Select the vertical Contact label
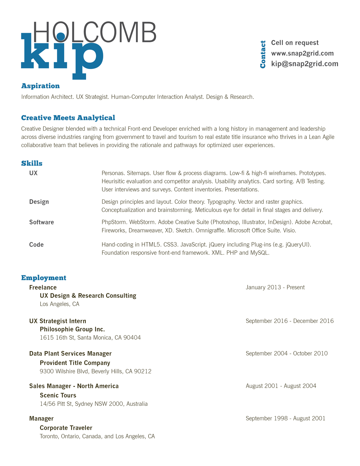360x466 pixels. click(x=263, y=54)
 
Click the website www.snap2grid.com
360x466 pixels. click(x=302, y=53)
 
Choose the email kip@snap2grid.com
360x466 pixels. click(x=304, y=64)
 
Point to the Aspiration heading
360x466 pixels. click(x=40, y=86)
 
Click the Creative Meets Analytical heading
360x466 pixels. click(x=68, y=118)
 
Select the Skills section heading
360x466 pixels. click(x=32, y=164)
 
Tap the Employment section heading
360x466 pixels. click(x=44, y=278)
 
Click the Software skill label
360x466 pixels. click(x=41, y=222)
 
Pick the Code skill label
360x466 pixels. click(x=36, y=245)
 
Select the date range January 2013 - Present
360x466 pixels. click(x=275, y=287)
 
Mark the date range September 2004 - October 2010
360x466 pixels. click(x=286, y=353)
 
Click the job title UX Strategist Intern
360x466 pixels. click(x=58, y=321)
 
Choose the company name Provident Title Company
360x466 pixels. click(x=75, y=363)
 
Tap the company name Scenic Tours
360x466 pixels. click(x=58, y=395)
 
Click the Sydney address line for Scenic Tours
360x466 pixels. click(x=94, y=404)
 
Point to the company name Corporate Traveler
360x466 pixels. click(x=66, y=428)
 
